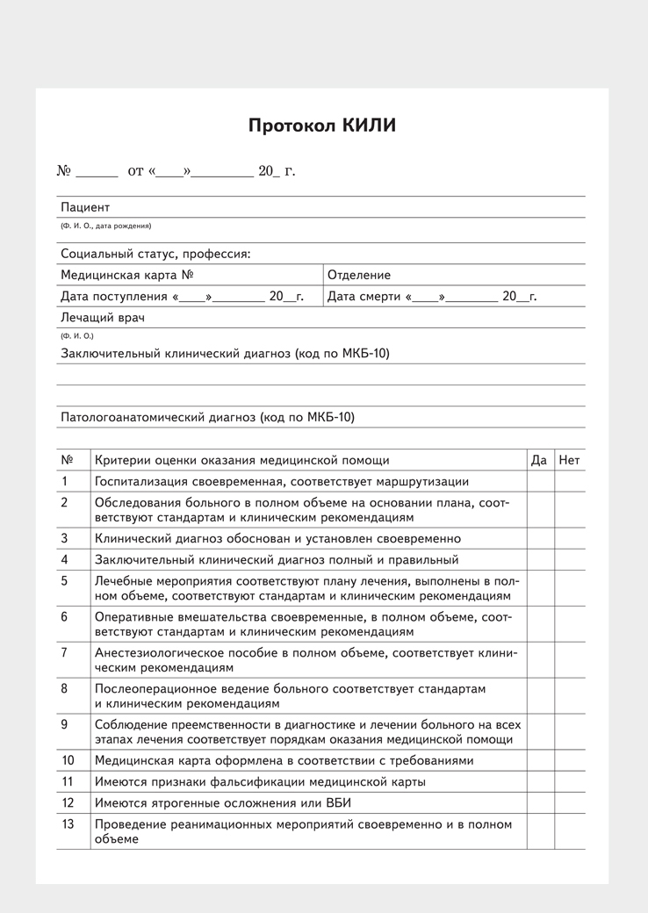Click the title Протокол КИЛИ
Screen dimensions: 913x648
pyautogui.click(x=321, y=126)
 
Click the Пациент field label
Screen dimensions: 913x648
pyautogui.click(x=85, y=207)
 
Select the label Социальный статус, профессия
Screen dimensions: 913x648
pyautogui.click(x=155, y=254)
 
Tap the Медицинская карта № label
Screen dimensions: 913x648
pyautogui.click(x=126, y=275)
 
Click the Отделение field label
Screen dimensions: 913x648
pyautogui.click(x=359, y=275)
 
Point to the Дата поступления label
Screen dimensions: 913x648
pyautogui.click(x=113, y=297)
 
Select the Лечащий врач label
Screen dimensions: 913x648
pyautogui.click(x=102, y=317)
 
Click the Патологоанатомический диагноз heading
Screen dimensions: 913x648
pyautogui.click(x=207, y=417)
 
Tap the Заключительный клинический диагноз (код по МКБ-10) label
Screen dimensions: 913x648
pyautogui.click(x=225, y=353)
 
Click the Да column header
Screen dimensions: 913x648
pyautogui.click(x=539, y=460)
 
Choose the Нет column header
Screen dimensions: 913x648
pyautogui.click(x=569, y=460)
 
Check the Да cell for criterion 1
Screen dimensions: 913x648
pyautogui.click(x=540, y=481)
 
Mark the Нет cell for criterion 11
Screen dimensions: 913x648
pyautogui.click(x=569, y=781)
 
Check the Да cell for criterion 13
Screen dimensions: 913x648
pyautogui.click(x=540, y=830)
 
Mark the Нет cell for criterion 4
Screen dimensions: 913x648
pyautogui.click(x=569, y=559)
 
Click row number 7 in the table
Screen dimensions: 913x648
pyautogui.click(x=64, y=652)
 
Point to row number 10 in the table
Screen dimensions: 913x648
pyautogui.click(x=68, y=760)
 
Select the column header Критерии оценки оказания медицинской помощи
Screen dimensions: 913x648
pyautogui.click(x=241, y=460)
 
